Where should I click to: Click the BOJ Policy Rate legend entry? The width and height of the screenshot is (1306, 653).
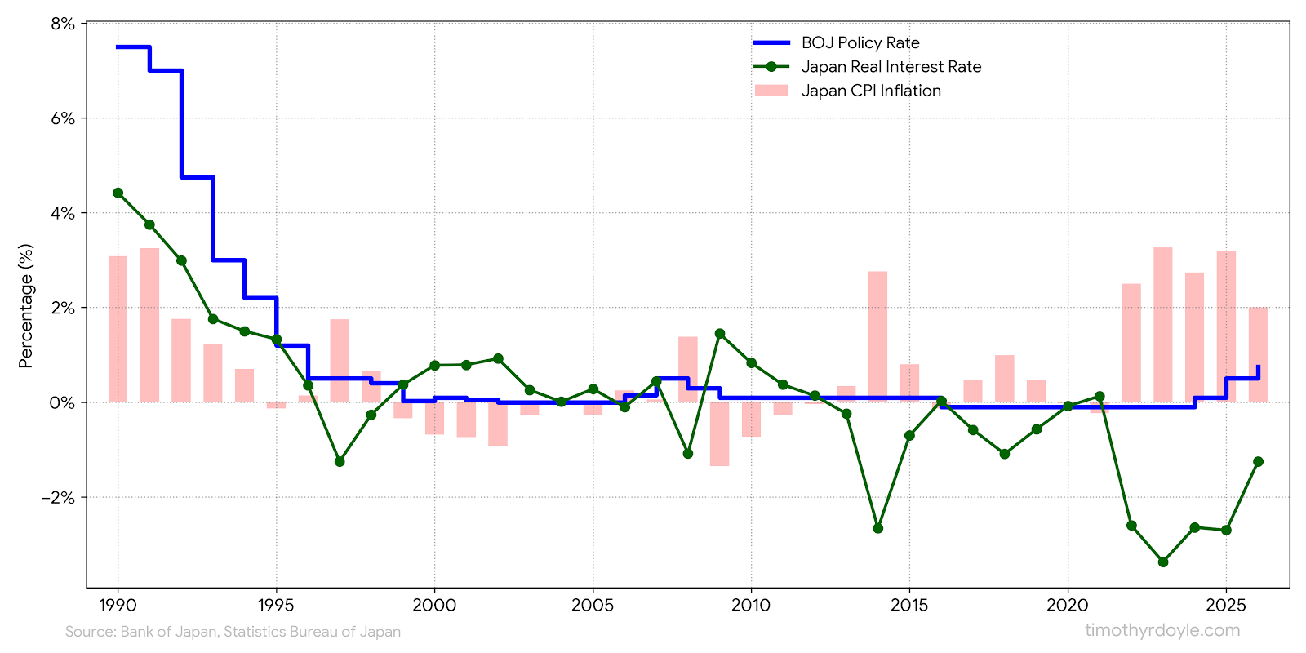click(860, 42)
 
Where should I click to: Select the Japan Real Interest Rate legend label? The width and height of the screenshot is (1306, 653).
click(891, 67)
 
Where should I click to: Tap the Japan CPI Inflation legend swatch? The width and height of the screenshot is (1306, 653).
click(771, 91)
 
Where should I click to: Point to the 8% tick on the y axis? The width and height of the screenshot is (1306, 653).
click(62, 24)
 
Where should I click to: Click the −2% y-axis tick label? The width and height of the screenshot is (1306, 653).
click(58, 497)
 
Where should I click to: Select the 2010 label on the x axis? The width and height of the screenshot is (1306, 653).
click(750, 605)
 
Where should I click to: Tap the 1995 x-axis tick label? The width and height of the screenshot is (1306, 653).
click(276, 605)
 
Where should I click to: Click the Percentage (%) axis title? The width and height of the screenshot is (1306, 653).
click(26, 306)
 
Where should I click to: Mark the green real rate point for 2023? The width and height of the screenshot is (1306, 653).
click(1163, 562)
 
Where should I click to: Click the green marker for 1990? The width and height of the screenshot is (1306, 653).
click(118, 193)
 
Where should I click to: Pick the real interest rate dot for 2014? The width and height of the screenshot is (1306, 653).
click(877, 528)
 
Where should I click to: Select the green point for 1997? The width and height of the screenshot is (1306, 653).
click(340, 461)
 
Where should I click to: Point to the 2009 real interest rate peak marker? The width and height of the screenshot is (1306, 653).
click(719, 333)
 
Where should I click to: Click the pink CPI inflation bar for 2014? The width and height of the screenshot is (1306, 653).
click(877, 336)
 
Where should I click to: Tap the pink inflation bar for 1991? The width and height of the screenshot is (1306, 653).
click(149, 325)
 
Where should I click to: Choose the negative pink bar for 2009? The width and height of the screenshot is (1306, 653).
click(719, 434)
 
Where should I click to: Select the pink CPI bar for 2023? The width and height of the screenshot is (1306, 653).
click(1163, 325)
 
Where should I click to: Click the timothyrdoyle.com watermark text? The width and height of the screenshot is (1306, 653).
click(1162, 630)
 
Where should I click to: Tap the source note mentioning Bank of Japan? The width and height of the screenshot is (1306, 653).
click(233, 632)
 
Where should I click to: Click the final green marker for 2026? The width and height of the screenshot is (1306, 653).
click(1258, 461)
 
